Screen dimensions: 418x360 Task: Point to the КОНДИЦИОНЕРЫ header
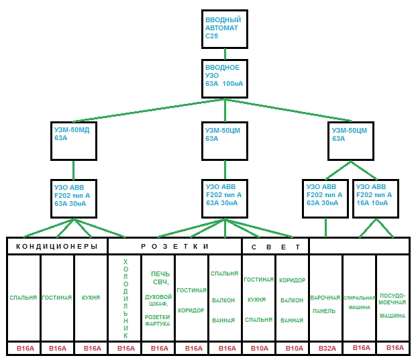(x=57, y=246)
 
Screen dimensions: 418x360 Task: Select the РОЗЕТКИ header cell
(x=174, y=246)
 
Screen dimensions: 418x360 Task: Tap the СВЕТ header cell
(x=275, y=247)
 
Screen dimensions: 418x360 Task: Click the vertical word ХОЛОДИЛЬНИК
(x=125, y=298)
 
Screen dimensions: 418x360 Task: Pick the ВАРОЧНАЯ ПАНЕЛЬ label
(x=325, y=304)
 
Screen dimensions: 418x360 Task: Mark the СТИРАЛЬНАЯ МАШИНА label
(x=360, y=302)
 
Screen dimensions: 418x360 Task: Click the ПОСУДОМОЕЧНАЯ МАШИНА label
(x=392, y=306)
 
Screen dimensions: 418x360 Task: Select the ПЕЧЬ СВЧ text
(x=160, y=278)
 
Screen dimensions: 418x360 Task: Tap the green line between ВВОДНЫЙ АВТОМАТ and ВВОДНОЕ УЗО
(x=225, y=54)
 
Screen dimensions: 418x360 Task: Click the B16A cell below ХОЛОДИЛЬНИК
(x=125, y=349)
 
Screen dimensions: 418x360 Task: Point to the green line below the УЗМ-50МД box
(x=74, y=170)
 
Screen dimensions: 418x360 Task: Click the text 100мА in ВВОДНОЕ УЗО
(x=232, y=84)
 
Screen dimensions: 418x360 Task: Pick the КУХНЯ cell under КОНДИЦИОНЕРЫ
(x=91, y=298)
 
